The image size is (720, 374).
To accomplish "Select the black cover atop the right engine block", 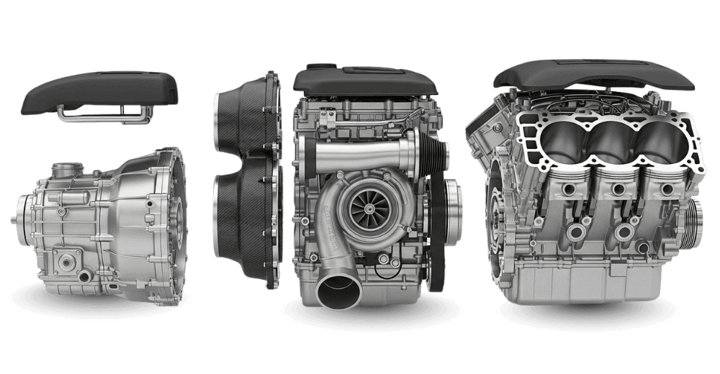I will click(598, 76).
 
